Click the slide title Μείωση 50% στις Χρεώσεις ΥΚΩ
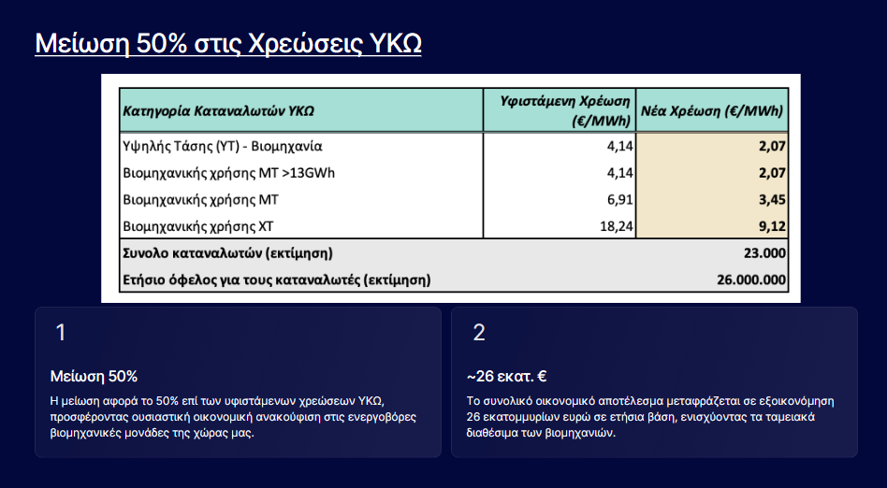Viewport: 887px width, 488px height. tap(228, 44)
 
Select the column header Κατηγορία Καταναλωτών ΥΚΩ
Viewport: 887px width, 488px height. tap(218, 111)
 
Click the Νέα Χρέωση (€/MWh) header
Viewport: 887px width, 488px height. tap(712, 111)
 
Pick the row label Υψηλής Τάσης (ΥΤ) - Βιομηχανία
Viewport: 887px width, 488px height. tap(223, 147)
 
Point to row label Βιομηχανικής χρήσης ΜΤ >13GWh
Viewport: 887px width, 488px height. tap(228, 173)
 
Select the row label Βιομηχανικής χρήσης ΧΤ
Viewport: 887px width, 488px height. tap(198, 227)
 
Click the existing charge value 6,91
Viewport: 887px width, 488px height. tap(620, 200)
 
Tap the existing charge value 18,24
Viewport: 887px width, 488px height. tap(617, 227)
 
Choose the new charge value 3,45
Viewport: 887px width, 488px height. tap(772, 200)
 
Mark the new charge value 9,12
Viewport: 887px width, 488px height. tap(772, 227)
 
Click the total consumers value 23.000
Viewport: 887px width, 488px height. tap(764, 253)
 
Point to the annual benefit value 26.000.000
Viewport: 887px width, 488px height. tap(751, 280)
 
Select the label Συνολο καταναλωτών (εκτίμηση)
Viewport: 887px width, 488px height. tap(227, 253)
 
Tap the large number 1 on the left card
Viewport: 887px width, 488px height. tap(61, 333)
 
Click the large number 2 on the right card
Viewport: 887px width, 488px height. tap(478, 333)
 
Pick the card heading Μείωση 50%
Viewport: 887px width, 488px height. tap(94, 376)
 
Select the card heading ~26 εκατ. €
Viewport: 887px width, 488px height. tap(506, 376)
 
